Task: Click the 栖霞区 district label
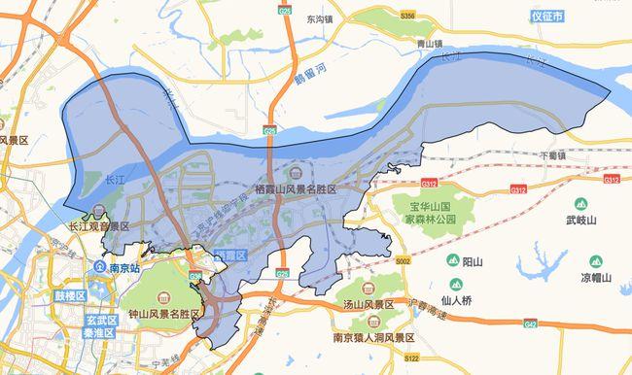click(228, 255)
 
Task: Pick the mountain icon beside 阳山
click(453, 260)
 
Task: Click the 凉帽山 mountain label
click(596, 277)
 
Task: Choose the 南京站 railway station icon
click(100, 266)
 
